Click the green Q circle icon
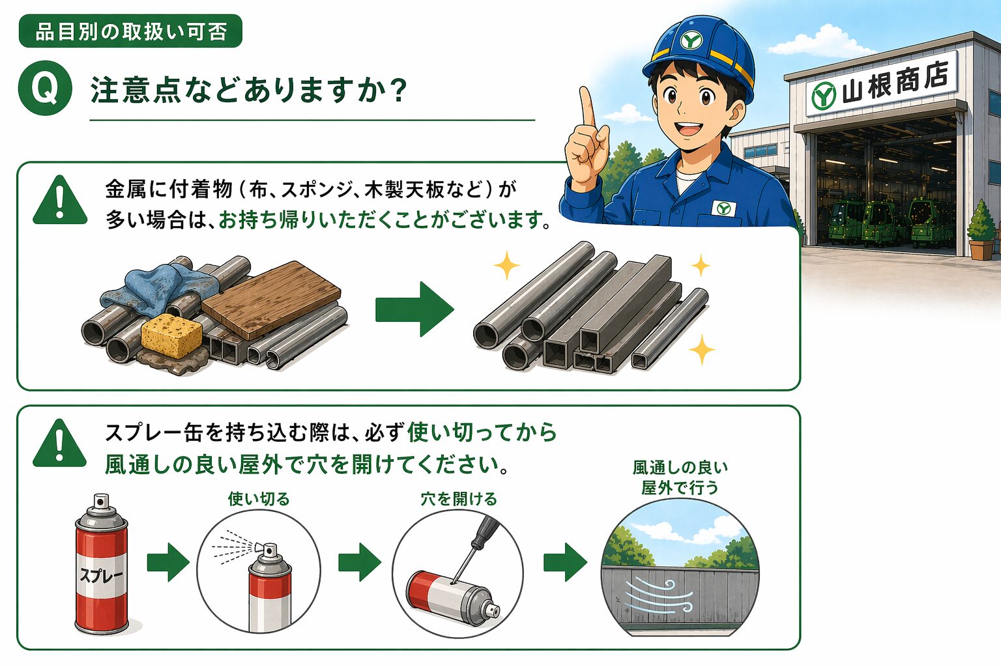[45, 88]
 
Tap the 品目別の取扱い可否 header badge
[130, 31]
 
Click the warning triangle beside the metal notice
[60, 200]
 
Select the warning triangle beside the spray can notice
[60, 443]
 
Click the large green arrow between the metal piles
[414, 309]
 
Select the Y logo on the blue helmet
[691, 41]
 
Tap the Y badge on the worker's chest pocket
[723, 208]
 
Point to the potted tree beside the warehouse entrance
[981, 229]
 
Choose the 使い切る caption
[259, 499]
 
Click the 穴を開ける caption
[459, 499]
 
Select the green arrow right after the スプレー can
[168, 562]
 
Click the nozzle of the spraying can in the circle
[269, 550]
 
